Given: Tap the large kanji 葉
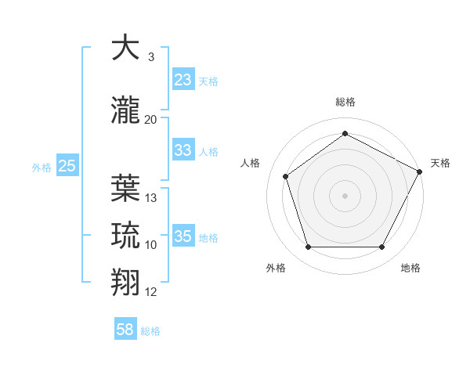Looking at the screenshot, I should click(126, 188).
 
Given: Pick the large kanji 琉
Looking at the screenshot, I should click(126, 235).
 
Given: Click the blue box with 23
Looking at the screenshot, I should click(183, 80).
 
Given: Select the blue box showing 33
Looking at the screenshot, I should click(183, 150).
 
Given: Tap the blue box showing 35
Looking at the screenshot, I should click(183, 236).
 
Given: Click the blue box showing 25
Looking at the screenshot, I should click(67, 166).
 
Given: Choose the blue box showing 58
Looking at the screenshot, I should click(125, 330).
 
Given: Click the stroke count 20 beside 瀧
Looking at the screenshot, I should click(151, 120).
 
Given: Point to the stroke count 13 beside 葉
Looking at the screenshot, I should click(151, 198).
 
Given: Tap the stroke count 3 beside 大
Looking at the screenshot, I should click(151, 57).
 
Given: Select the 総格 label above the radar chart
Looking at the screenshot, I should click(345, 103).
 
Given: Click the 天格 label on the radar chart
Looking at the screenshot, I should click(440, 163).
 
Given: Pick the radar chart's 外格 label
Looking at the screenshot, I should click(276, 268).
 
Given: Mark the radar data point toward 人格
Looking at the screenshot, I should click(286, 176).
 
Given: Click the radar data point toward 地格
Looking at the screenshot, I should click(381, 247).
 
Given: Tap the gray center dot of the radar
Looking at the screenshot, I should click(345, 195).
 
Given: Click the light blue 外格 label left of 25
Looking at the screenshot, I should click(42, 167).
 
